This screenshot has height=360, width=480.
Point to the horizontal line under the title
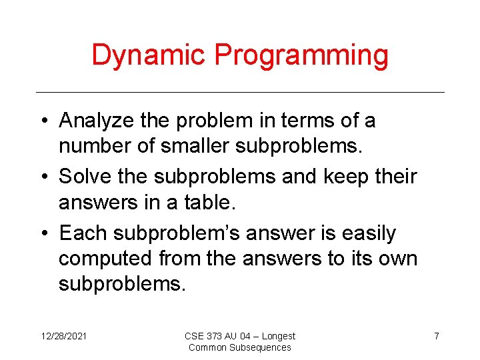(x=240, y=92)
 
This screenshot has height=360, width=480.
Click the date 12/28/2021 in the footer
(x=63, y=336)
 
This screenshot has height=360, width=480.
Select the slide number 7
(x=436, y=336)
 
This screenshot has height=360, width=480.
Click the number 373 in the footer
(x=216, y=336)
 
